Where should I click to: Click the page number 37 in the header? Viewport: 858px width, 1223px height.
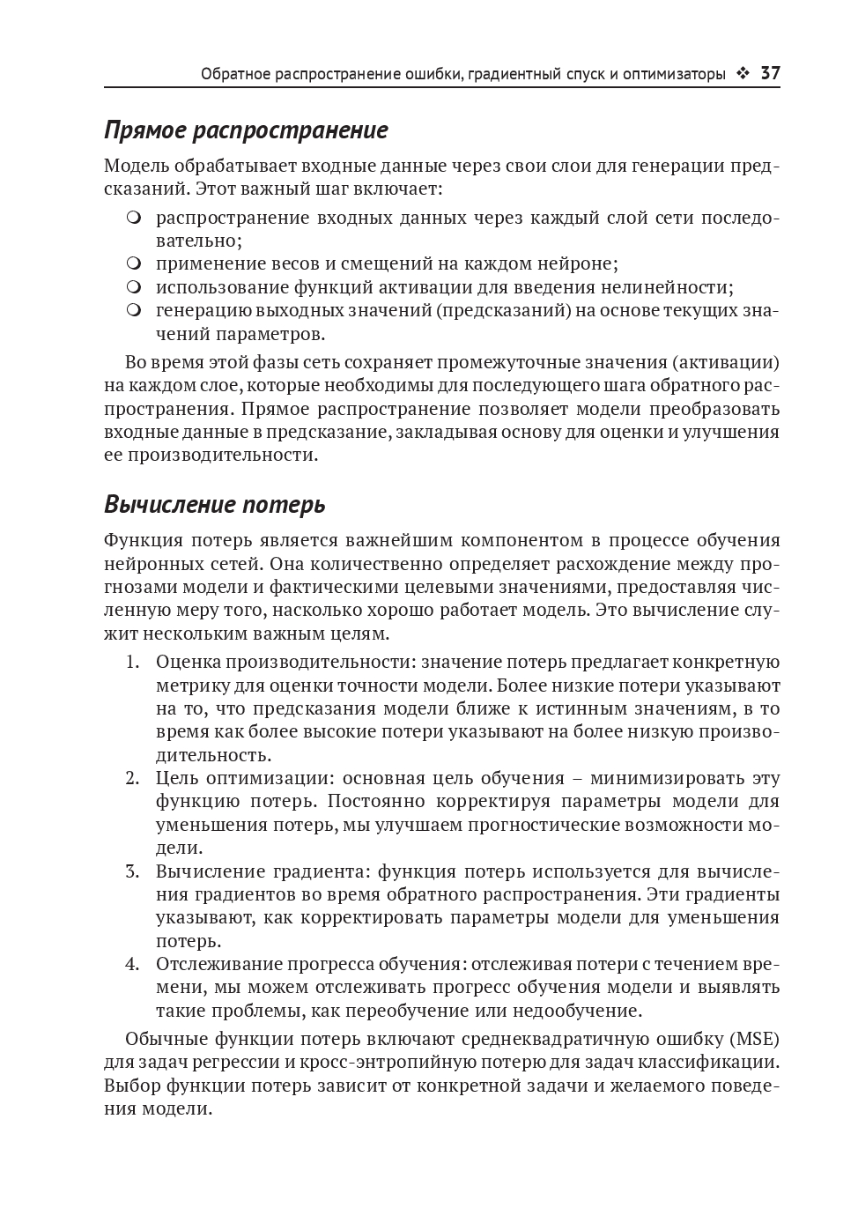(770, 74)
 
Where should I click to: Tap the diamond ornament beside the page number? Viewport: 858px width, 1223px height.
(743, 74)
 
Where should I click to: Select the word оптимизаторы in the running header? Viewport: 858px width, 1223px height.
(674, 74)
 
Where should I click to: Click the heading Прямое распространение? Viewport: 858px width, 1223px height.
(246, 130)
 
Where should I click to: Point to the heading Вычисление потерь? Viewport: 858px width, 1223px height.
(214, 505)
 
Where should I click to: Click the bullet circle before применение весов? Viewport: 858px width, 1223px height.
(133, 263)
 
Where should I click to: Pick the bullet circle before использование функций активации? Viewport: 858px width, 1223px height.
(133, 287)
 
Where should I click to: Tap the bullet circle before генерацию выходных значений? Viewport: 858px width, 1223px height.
(133, 310)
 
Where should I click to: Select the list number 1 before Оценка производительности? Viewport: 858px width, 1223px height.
(132, 662)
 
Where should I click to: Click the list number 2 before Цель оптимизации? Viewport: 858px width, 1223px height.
(132, 778)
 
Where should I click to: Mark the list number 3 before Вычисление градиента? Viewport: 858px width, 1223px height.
(132, 871)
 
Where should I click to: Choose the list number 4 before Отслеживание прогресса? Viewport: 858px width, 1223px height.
(132, 964)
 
